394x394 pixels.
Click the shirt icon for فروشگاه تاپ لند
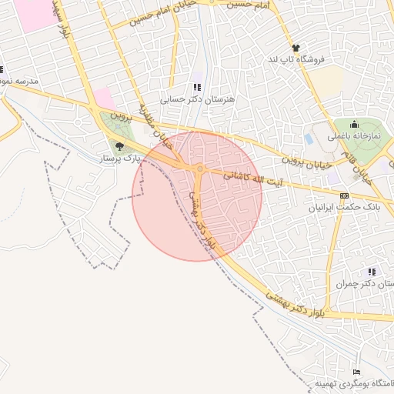[x=295, y=48]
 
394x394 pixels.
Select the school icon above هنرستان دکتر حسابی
[x=196, y=87]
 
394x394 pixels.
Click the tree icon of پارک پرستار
[x=119, y=145]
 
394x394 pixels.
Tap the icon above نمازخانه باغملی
[x=355, y=125]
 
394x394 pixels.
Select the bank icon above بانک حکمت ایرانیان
[x=344, y=195]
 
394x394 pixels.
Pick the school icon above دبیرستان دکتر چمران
[x=372, y=272]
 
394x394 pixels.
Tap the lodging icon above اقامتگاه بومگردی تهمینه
[x=356, y=372]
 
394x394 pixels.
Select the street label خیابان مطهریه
[x=156, y=126]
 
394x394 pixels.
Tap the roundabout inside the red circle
[x=199, y=169]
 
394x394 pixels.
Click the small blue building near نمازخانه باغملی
[x=309, y=139]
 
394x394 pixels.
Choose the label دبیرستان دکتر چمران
[x=362, y=284]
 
